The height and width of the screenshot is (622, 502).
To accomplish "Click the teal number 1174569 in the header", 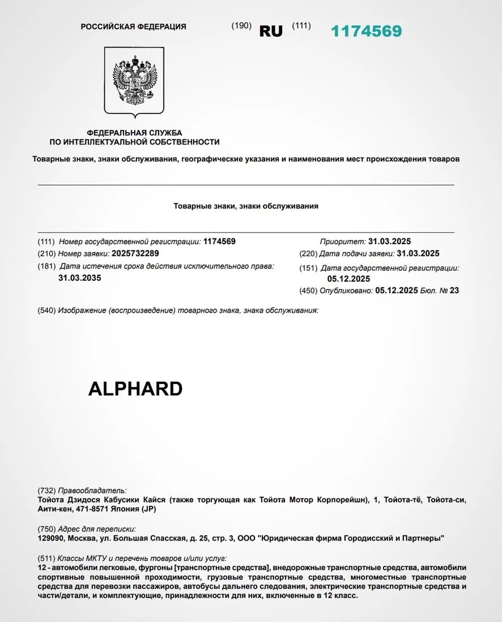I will (366, 31).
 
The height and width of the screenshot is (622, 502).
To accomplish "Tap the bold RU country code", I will (271, 32).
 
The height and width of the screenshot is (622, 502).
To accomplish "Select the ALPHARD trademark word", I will (135, 389).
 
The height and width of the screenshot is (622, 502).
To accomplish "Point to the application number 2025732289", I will (136, 253).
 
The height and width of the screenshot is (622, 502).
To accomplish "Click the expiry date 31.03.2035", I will (79, 278).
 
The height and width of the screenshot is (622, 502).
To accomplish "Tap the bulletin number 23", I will (453, 291).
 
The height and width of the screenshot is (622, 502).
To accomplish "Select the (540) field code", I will (46, 310).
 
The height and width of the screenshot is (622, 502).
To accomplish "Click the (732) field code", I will (46, 491).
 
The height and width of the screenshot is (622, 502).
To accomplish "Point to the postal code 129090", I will (51, 538).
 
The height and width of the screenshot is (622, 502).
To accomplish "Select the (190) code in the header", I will (241, 26).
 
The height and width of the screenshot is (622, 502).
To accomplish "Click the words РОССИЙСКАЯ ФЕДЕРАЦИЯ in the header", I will (133, 27).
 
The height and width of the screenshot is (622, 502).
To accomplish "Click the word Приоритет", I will (342, 241).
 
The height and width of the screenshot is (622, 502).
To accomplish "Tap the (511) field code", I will (46, 558).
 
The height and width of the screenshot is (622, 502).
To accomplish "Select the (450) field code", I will (308, 291).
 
